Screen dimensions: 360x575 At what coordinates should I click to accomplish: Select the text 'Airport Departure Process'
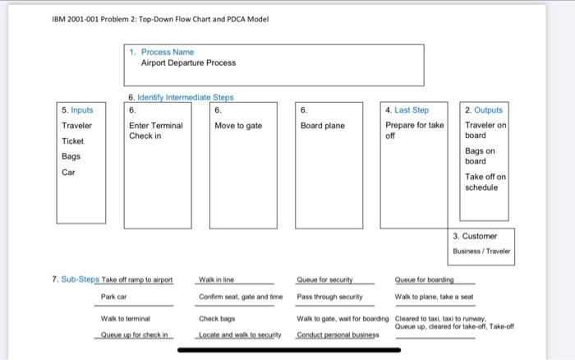pos(188,62)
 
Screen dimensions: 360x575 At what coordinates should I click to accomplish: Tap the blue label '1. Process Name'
pos(168,52)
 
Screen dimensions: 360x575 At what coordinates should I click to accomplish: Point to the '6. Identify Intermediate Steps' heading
pos(181,97)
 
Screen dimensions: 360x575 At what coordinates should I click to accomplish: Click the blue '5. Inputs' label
pos(77,109)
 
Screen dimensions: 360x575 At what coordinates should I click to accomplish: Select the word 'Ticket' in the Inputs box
pos(74,141)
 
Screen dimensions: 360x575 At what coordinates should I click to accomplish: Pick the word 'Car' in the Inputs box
pos(69,172)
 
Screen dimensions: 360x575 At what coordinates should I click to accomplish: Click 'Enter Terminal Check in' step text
pos(155,131)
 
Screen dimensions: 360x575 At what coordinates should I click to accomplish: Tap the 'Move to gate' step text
pos(238,126)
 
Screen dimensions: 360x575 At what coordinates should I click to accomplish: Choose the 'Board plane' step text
pos(323,126)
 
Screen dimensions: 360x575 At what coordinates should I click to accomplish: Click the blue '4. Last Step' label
pos(407,109)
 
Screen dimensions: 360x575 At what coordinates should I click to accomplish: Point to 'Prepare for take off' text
pos(414,131)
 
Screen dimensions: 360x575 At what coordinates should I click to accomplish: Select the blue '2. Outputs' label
pos(483,109)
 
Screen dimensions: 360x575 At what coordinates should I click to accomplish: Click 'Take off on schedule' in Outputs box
pos(485,182)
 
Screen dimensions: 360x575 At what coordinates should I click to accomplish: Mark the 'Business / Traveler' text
pos(481,251)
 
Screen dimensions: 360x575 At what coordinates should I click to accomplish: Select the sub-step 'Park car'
pos(113,296)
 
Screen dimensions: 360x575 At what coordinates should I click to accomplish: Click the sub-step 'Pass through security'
pos(329,296)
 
